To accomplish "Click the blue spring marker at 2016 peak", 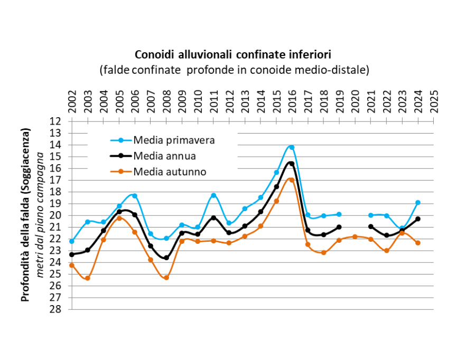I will point(292,147).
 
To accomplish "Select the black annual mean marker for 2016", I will point(292,164).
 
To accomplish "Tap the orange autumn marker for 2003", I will point(88,278).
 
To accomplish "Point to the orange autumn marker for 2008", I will point(166,278).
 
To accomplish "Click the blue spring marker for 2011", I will point(213,195).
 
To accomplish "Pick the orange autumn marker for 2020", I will point(355,236).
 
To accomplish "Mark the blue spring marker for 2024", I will point(418,203).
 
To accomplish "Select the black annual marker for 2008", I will point(166,258).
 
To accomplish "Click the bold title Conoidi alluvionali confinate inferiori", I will point(232,54).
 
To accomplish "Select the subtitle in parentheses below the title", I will point(234,70).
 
